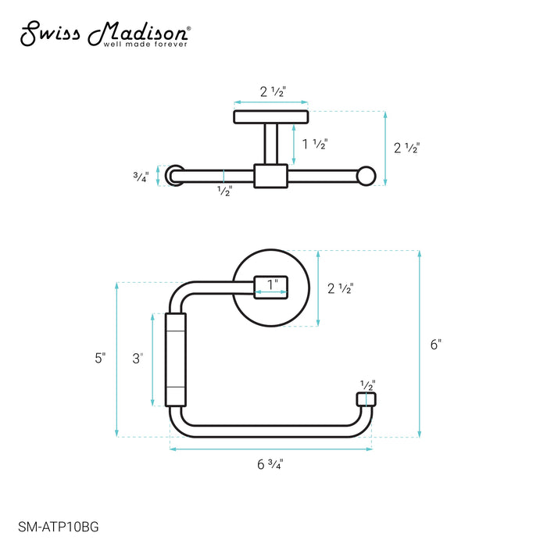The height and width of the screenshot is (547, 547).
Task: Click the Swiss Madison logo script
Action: click(105, 34)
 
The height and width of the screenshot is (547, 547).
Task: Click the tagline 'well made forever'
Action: click(145, 45)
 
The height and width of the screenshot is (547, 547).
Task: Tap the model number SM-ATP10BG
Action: click(59, 527)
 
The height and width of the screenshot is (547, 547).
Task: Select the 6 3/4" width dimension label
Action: click(270, 464)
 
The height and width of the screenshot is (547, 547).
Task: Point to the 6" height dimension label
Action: click(436, 345)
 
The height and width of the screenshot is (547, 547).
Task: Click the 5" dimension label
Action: click(100, 358)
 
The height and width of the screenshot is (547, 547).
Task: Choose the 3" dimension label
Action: click(138, 358)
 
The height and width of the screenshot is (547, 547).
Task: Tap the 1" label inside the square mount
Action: click(273, 284)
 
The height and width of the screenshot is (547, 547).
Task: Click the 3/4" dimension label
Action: click(141, 177)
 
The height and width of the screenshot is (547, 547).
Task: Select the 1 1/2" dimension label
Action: click(315, 144)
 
